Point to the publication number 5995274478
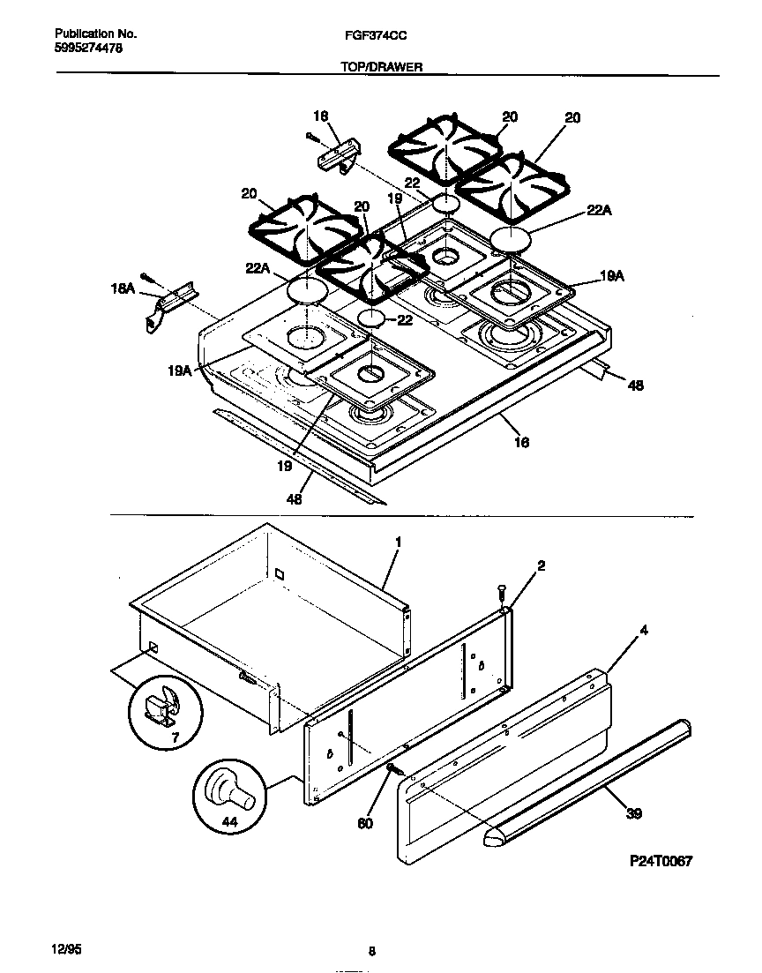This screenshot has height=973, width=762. click(x=82, y=49)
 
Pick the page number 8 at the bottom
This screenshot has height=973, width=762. click(x=371, y=951)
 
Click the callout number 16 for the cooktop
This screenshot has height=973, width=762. click(x=521, y=442)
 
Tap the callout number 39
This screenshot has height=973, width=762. click(x=633, y=814)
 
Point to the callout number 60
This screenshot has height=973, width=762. click(x=365, y=823)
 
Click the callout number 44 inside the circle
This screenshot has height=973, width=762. click(x=229, y=821)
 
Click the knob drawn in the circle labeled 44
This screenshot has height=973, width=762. click(x=231, y=789)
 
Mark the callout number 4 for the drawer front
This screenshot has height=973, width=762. click(x=644, y=631)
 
